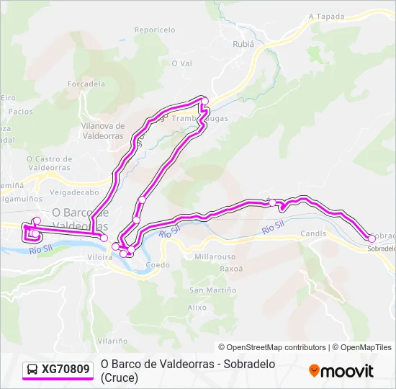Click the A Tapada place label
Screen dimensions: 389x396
point(327,16)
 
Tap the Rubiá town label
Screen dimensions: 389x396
point(243,43)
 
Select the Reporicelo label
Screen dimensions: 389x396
point(155,30)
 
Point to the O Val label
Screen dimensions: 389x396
point(181,63)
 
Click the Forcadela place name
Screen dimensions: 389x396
point(86,84)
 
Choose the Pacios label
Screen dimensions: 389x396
point(21,112)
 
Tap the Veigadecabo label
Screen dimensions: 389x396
point(74,193)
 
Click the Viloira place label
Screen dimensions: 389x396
point(99,256)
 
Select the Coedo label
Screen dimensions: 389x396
point(158,265)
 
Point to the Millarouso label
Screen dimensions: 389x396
point(215,256)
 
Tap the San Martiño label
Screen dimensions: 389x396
point(212,290)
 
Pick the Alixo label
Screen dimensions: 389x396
point(197,307)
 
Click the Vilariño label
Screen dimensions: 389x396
point(114,340)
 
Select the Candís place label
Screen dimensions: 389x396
point(313,233)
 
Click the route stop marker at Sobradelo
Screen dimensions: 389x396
point(372,238)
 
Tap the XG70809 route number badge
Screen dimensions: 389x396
point(66,370)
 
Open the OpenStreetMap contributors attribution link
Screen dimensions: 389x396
point(271,347)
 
